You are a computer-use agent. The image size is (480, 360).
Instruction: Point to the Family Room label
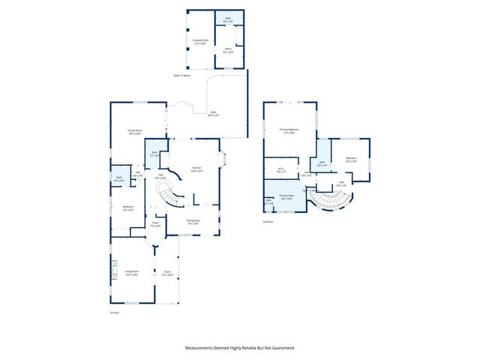tap(135, 131)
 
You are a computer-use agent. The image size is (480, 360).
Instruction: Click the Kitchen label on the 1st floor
tap(196, 168)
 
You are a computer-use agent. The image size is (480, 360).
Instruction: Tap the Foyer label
tap(156, 223)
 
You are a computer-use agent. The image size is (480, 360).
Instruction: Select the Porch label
tap(167, 273)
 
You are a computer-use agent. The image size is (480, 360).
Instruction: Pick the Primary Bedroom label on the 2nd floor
tap(286, 130)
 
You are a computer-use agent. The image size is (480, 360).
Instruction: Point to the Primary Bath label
tap(286, 196)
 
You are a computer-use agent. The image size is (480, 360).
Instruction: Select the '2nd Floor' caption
tap(268, 222)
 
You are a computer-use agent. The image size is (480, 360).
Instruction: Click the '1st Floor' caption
tap(115, 312)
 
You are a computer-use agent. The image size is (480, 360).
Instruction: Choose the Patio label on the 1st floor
tap(213, 113)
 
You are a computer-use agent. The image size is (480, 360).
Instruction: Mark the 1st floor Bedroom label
tap(127, 208)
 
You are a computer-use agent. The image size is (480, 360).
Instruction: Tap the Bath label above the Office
tap(228, 19)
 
